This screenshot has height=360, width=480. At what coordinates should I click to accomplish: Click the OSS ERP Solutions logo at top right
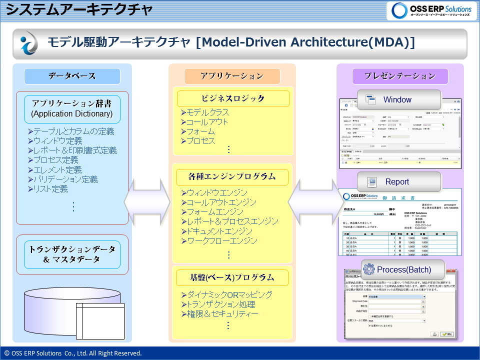point(432,10)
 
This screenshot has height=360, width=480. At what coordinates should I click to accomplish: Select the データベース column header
point(72,76)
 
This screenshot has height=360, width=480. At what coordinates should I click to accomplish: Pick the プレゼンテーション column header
point(399,76)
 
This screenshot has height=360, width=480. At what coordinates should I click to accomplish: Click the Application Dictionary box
point(72,108)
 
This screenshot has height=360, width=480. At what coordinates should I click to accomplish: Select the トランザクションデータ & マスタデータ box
point(72,254)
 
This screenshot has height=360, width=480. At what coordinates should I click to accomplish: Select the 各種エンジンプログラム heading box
point(232,176)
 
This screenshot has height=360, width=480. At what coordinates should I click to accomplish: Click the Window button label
point(397,99)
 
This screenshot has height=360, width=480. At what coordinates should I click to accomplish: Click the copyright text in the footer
point(73,353)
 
